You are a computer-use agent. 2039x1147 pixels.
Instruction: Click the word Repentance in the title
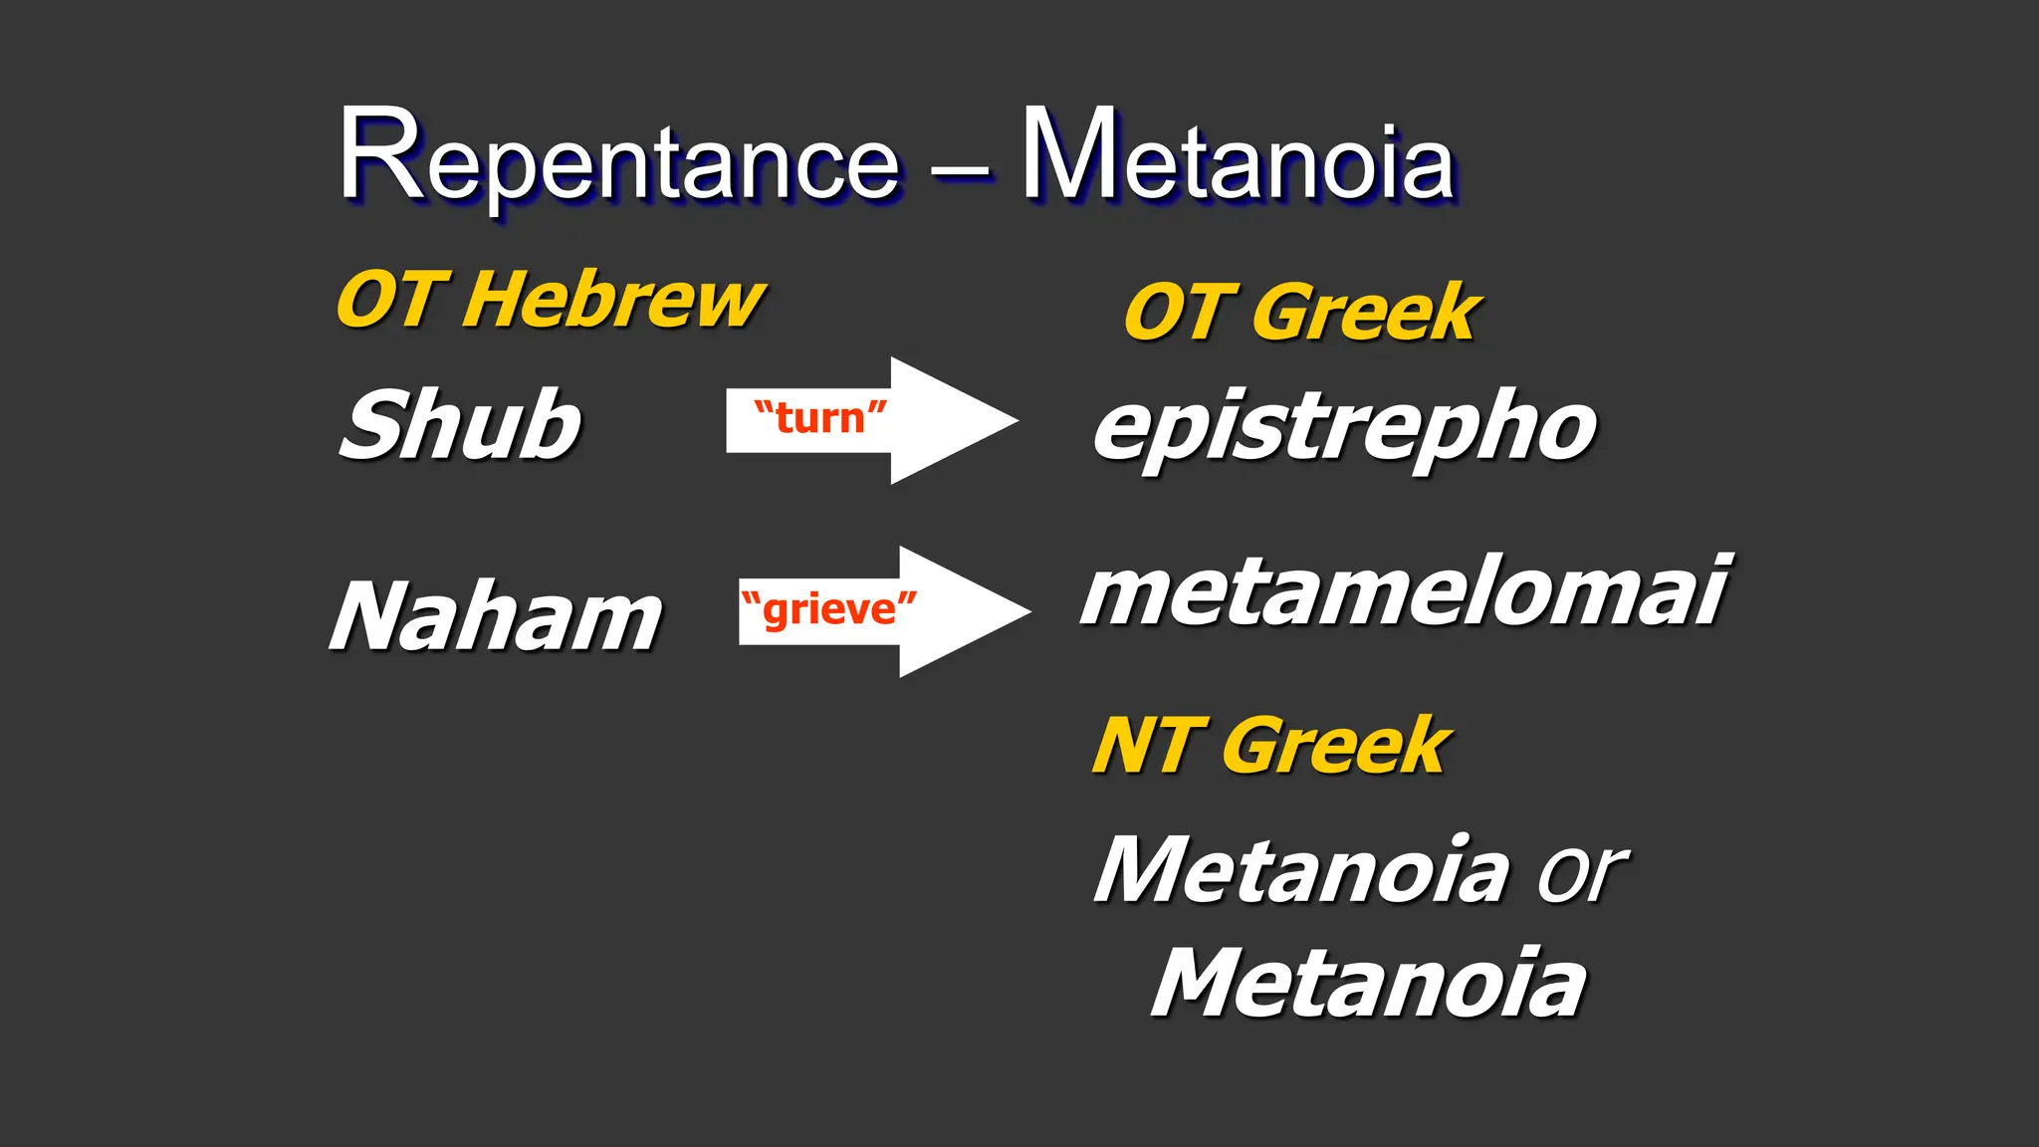point(619,159)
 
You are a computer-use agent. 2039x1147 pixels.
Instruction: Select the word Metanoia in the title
point(1238,159)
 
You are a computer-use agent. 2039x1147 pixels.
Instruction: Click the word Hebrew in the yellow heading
point(613,301)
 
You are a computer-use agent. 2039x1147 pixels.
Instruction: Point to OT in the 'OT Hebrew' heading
point(388,301)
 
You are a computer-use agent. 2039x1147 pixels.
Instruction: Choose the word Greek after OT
point(1366,314)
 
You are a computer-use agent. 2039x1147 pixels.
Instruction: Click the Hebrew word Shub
point(460,424)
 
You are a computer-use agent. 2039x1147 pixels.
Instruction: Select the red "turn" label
point(819,418)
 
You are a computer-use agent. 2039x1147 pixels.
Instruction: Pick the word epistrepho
point(1344,428)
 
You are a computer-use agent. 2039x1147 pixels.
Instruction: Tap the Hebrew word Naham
point(496,617)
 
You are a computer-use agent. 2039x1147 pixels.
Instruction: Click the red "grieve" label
point(828,609)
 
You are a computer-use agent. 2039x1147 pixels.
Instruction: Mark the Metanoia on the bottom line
point(1368,984)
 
